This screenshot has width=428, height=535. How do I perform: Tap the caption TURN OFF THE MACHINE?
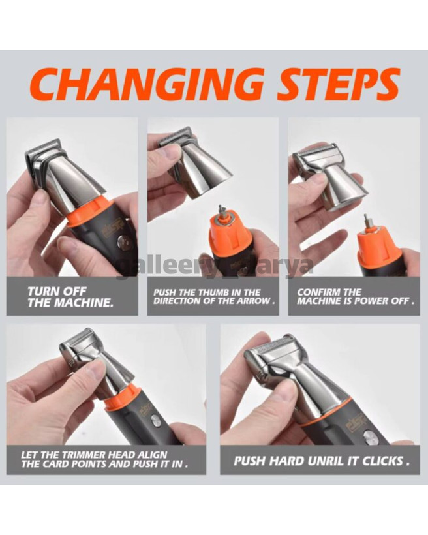pos(70,297)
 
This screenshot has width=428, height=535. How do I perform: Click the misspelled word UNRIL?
pos(324,461)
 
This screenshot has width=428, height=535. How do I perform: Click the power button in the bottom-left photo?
pos(157,421)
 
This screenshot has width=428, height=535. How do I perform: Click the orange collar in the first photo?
pos(91,213)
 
